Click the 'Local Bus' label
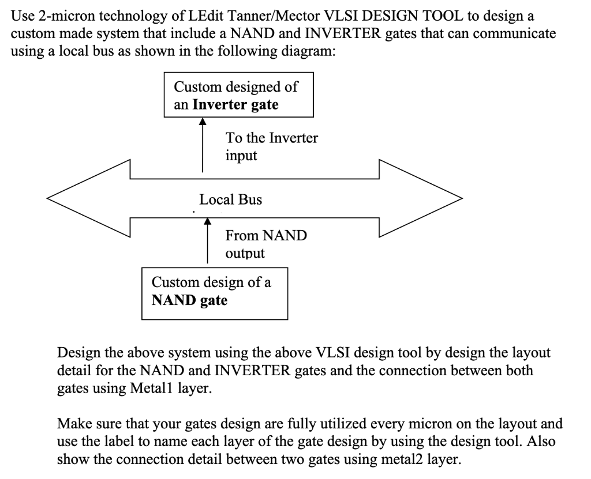coord(230,200)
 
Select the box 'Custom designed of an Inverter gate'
coord(239,95)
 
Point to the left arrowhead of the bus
coord(87,199)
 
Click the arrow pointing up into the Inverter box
coord(202,144)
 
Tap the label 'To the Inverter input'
coord(271,147)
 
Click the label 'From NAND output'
coord(266,244)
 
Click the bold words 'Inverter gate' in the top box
coord(235,105)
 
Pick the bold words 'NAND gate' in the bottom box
coord(189,301)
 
